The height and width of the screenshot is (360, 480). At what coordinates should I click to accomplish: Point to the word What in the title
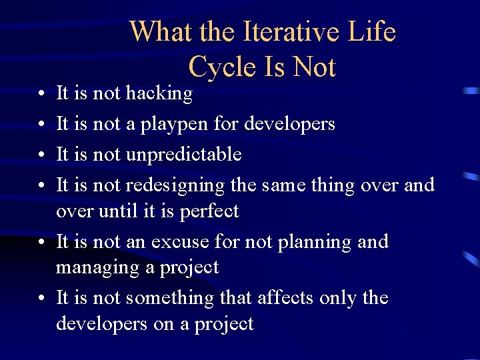pos(157,32)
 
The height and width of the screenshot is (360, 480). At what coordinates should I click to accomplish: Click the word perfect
pos(210,211)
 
